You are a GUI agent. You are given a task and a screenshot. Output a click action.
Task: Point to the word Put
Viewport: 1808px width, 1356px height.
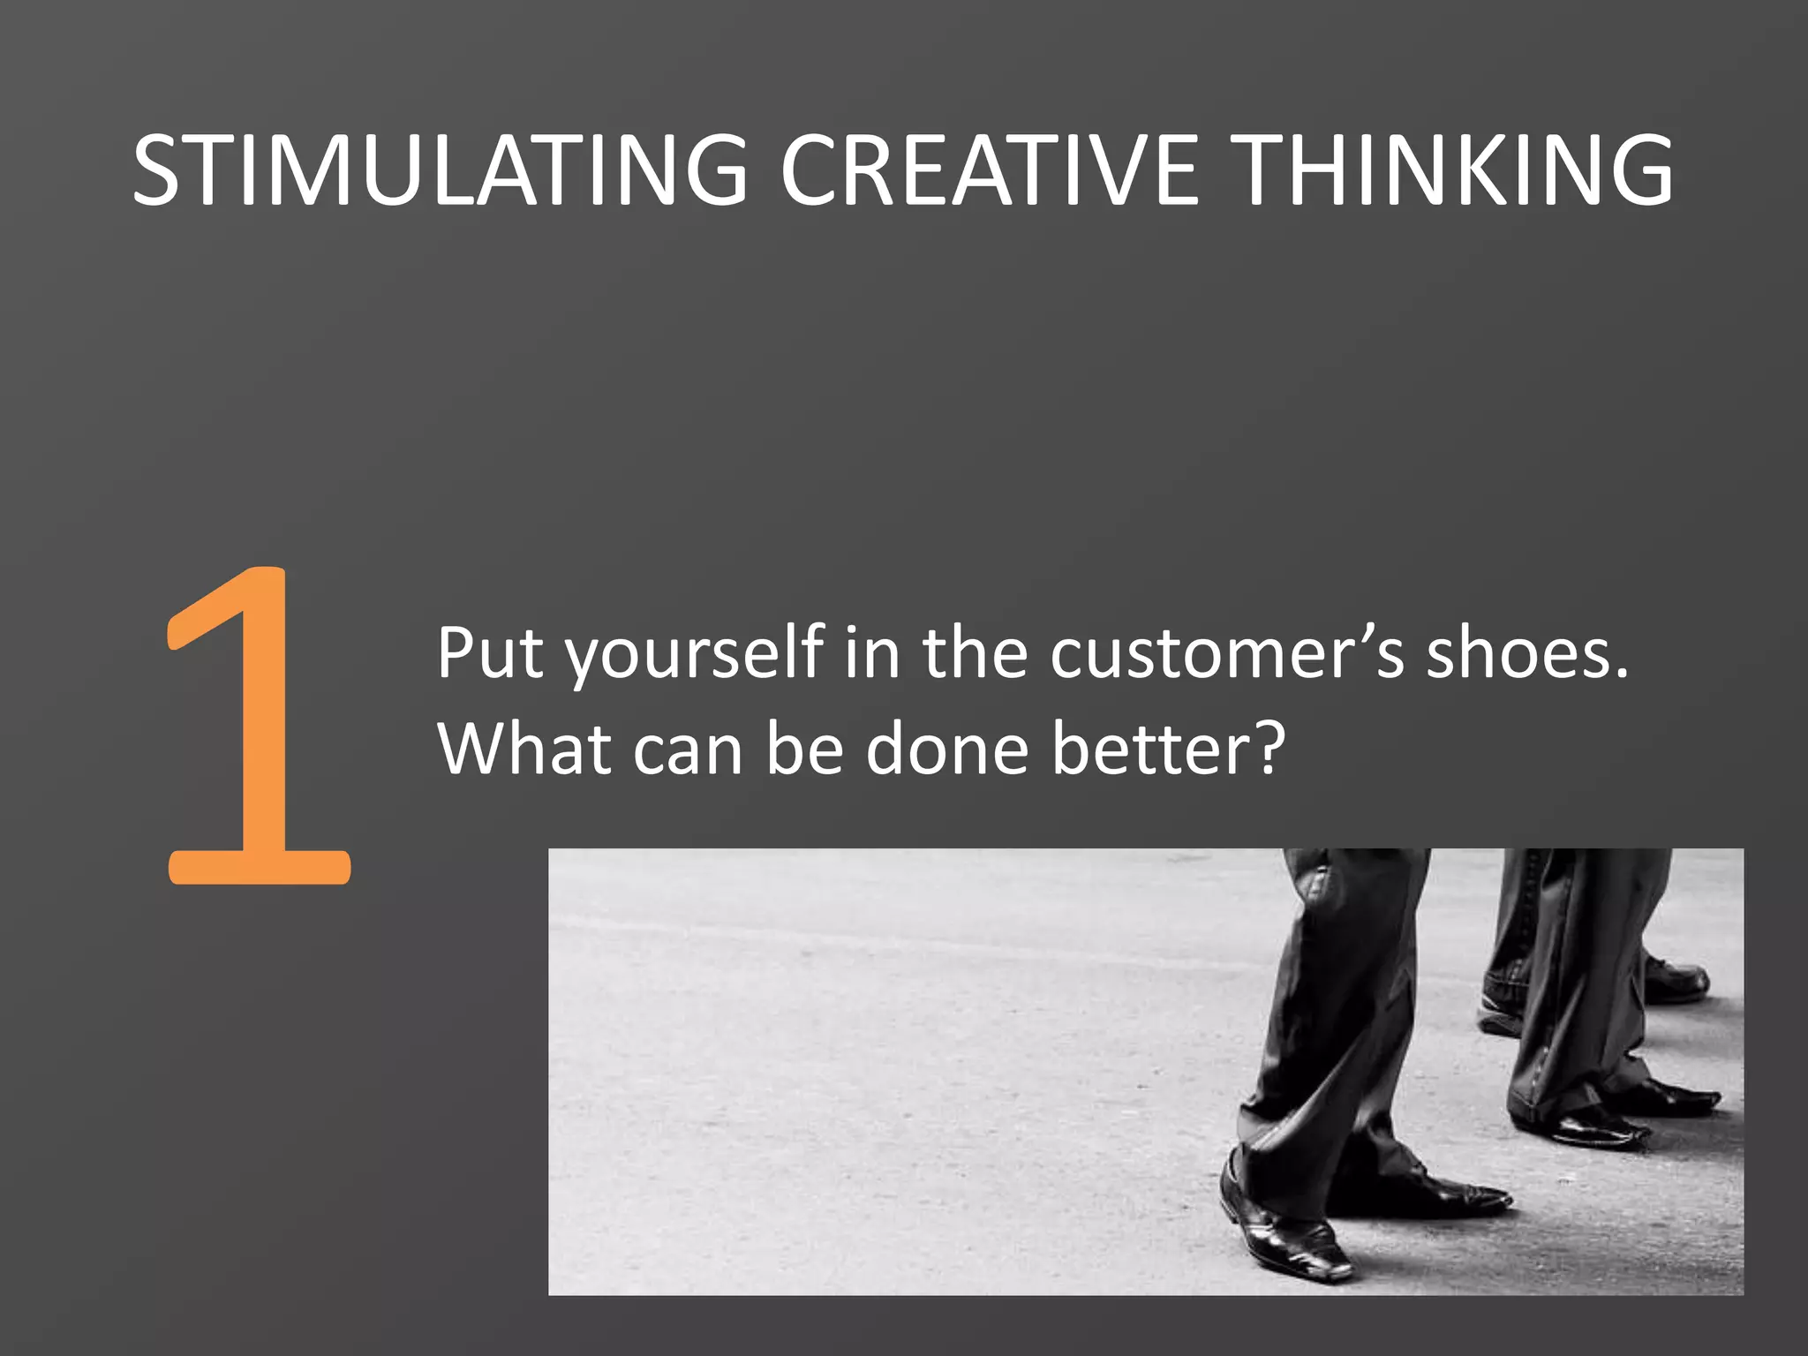click(489, 653)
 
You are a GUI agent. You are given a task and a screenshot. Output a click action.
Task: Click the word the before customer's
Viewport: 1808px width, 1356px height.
click(975, 653)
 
